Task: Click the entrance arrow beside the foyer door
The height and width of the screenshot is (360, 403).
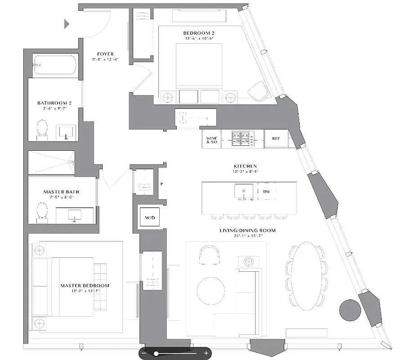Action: click(67, 24)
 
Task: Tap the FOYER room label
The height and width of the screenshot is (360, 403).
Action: click(105, 54)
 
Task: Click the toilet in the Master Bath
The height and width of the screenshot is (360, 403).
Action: click(42, 212)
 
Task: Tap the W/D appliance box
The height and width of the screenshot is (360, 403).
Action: click(149, 218)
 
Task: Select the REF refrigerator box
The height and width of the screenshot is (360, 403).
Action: click(276, 139)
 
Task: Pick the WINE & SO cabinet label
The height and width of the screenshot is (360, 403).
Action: click(211, 139)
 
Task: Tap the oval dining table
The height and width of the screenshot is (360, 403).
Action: click(306, 276)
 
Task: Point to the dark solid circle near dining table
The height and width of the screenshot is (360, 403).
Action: click(350, 310)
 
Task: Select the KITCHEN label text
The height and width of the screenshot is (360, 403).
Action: click(246, 166)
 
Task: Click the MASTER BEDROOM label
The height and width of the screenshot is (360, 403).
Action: click(85, 285)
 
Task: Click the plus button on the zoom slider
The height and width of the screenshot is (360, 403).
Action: click(206, 353)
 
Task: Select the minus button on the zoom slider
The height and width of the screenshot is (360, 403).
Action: click(144, 353)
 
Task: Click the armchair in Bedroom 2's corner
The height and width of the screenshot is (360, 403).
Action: click(258, 91)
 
